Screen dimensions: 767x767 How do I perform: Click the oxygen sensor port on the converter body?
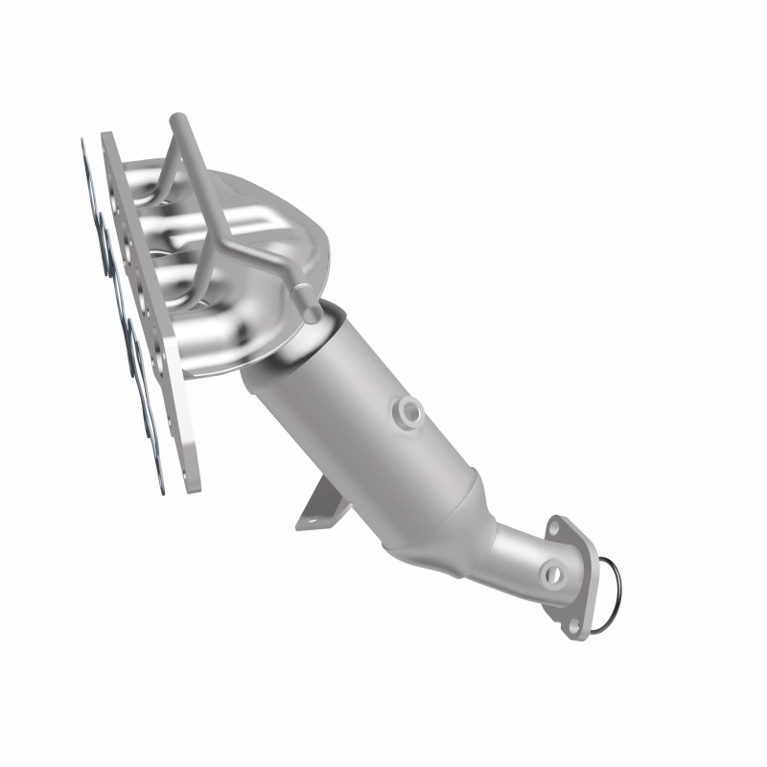(410, 410)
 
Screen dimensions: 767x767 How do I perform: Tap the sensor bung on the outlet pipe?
(552, 574)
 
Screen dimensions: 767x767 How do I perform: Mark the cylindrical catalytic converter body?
(364, 412)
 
